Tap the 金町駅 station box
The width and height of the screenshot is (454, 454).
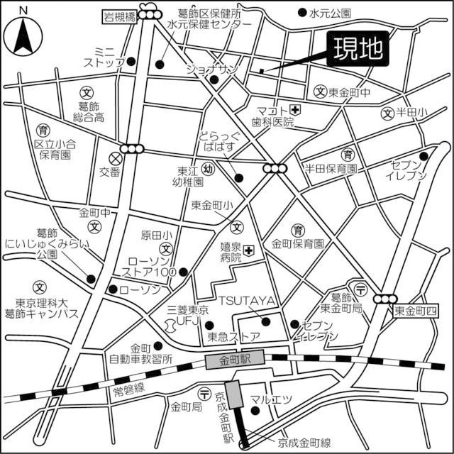(x=234, y=360)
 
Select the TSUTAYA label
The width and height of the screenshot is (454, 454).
(x=246, y=301)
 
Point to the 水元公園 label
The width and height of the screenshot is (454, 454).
(x=330, y=13)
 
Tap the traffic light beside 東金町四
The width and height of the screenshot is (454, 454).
(x=387, y=299)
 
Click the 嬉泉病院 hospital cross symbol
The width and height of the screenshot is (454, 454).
(x=249, y=250)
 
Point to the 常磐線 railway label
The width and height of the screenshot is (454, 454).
(x=129, y=387)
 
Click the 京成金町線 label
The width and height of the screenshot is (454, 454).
(x=305, y=443)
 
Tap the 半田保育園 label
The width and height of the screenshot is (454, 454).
(x=331, y=168)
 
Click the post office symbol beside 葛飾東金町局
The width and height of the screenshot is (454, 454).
(x=360, y=287)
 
